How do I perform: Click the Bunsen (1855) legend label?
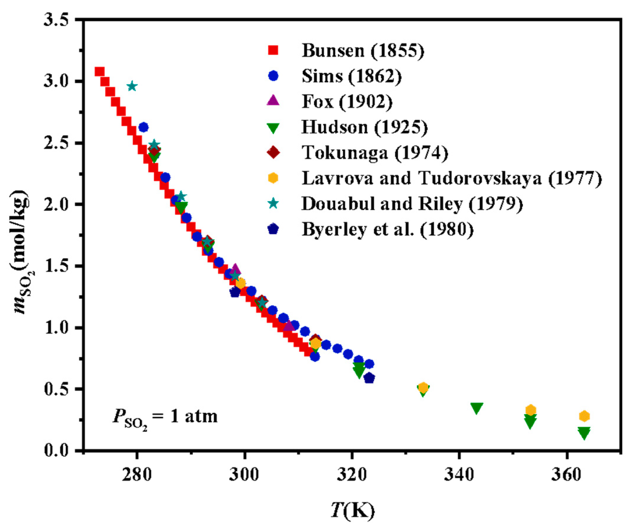[x=363, y=50]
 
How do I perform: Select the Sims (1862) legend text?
[x=352, y=76]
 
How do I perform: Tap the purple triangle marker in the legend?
[x=273, y=101]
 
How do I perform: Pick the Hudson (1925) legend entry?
[x=364, y=127]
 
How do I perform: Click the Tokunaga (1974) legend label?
[x=375, y=152]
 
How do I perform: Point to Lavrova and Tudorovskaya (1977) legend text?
[x=452, y=178]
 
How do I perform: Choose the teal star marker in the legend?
[x=273, y=203]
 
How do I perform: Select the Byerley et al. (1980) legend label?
[x=387, y=229]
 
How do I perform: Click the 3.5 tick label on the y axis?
[x=56, y=20]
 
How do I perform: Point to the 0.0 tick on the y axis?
[x=56, y=450]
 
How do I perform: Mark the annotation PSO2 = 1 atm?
[x=165, y=416]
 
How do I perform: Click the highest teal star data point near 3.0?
[x=132, y=86]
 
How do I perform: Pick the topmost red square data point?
[x=99, y=72]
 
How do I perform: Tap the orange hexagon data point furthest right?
[x=584, y=416]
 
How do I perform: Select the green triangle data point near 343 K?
[x=476, y=408]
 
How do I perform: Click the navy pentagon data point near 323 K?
[x=369, y=378]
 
